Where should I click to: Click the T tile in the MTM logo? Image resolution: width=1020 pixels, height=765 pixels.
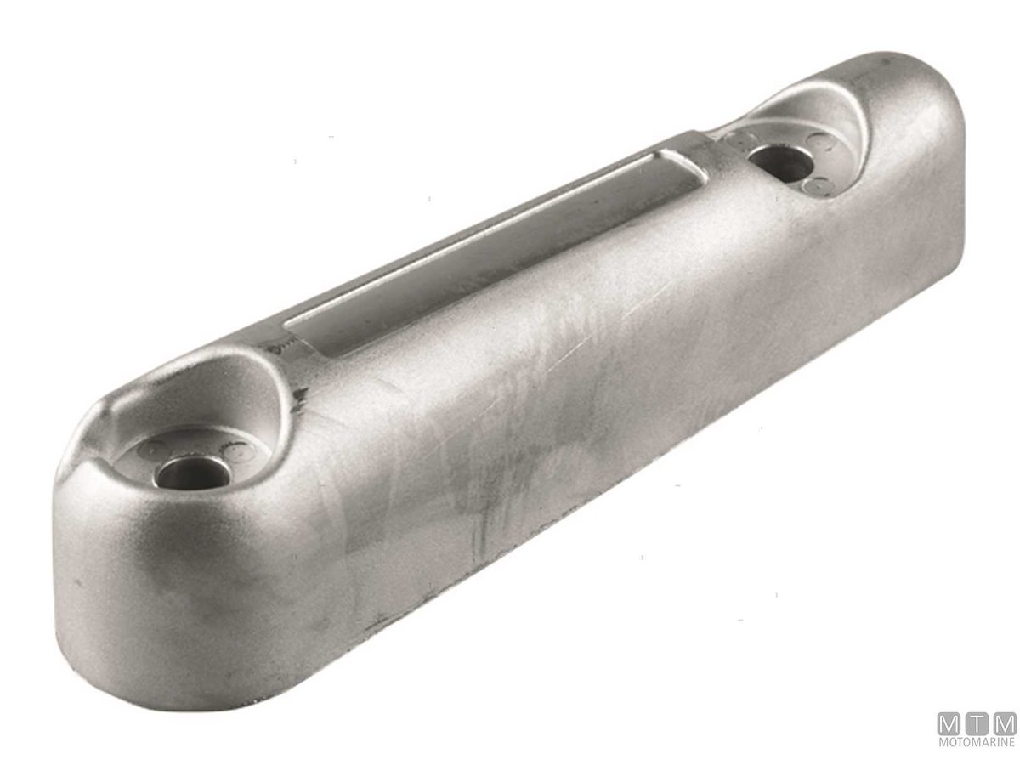974,728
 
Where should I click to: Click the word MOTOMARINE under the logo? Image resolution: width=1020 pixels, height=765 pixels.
974,748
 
